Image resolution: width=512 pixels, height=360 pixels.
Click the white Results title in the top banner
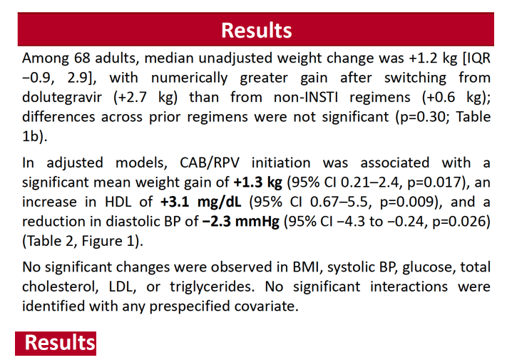click(256, 31)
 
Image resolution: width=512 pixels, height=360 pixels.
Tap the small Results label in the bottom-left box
click(60, 343)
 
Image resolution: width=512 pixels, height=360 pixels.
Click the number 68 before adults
click(82, 58)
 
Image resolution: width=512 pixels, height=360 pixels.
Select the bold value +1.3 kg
click(257, 182)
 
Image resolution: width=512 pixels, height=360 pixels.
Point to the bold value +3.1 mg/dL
click(201, 202)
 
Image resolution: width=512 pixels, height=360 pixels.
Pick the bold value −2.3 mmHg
click(241, 222)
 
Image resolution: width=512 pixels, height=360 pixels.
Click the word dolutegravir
click(62, 98)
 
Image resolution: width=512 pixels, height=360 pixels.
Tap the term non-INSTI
click(306, 97)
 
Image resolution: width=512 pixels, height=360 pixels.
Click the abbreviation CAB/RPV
click(210, 163)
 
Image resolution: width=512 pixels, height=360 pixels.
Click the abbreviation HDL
click(118, 202)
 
